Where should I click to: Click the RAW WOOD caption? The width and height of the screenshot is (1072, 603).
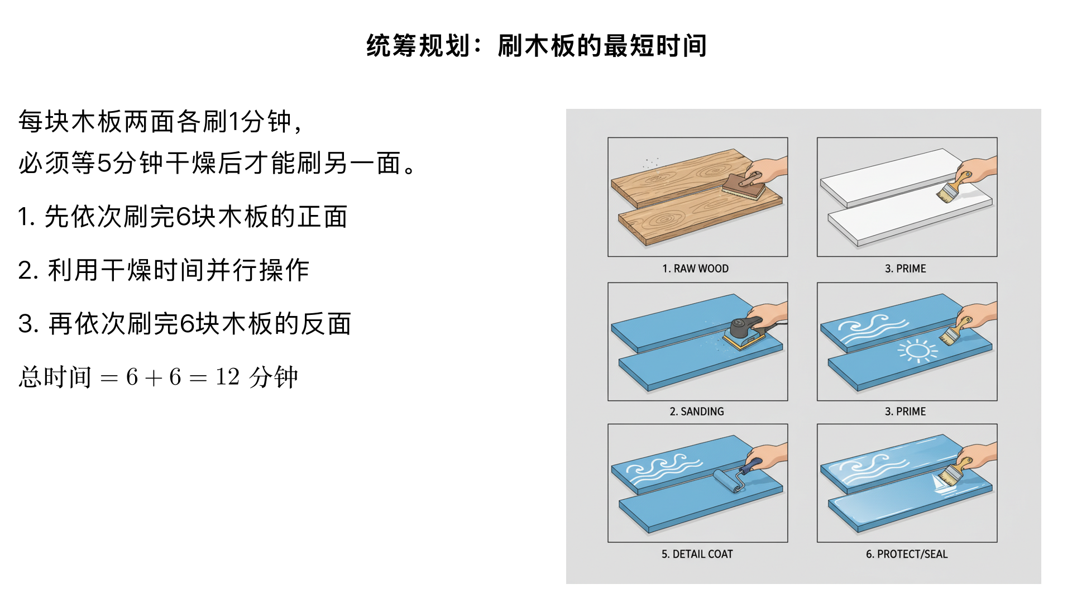coord(696,269)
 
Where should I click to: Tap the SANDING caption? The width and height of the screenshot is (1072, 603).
coord(697,411)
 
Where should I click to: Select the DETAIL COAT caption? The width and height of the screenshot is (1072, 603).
coord(697,554)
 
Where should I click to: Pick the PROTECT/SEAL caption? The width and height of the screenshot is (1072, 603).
coord(907,554)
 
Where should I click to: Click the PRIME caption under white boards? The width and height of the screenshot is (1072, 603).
coord(905,269)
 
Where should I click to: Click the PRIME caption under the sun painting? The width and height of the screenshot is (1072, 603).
coord(905,411)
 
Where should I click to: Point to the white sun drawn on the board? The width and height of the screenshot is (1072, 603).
coord(917,351)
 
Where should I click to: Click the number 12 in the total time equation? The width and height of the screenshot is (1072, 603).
coord(228,377)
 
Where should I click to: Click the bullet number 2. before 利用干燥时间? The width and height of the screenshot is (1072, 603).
coord(28,271)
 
